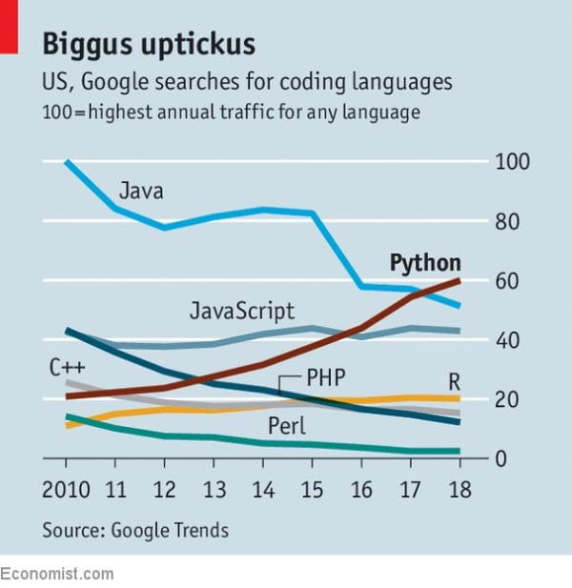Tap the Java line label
142,191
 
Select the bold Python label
425,263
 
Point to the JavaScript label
241,310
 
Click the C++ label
63,366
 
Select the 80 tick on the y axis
509,221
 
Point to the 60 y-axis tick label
509,281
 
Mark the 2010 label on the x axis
66,492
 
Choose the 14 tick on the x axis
263,492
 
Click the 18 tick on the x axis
459,492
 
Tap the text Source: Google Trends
134,529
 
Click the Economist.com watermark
56,574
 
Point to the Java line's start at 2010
67,162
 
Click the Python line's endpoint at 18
460,280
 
